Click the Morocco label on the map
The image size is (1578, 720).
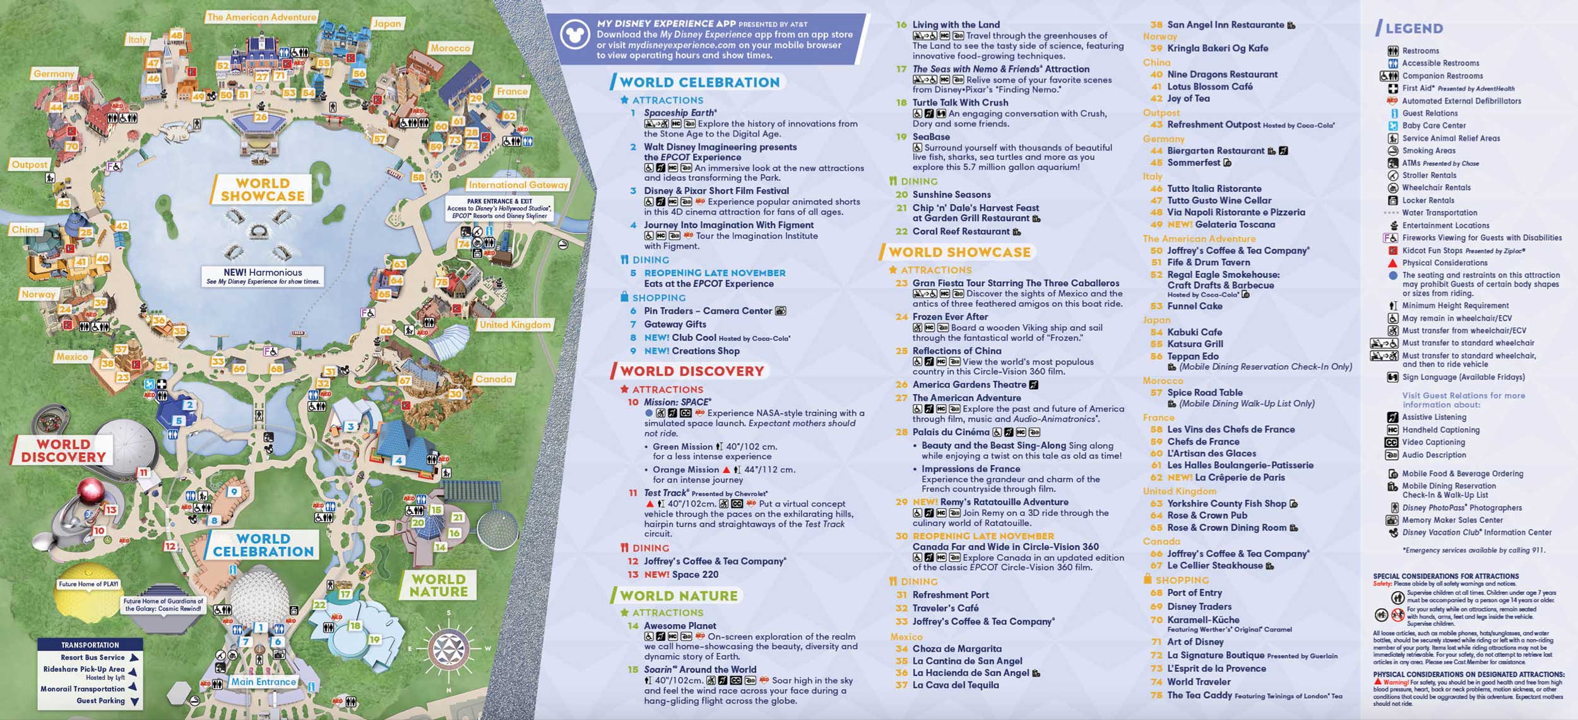point(450,48)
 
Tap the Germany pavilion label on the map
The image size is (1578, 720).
point(54,74)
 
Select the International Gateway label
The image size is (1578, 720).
point(518,185)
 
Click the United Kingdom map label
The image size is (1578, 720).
point(515,325)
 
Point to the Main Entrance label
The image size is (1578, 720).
point(263,682)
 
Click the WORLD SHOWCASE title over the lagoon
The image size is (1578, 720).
point(263,190)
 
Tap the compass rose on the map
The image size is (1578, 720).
point(449,648)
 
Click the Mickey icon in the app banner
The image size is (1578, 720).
point(574,35)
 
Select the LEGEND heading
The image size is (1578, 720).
point(1414,28)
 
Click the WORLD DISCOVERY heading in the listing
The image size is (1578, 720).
point(692,371)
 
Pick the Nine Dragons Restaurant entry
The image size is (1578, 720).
point(1222,75)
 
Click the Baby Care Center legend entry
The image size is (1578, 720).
point(1433,126)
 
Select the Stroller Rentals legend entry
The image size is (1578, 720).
point(1429,176)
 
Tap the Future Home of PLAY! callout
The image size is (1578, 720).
point(89,584)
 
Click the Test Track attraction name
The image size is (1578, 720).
point(665,493)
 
